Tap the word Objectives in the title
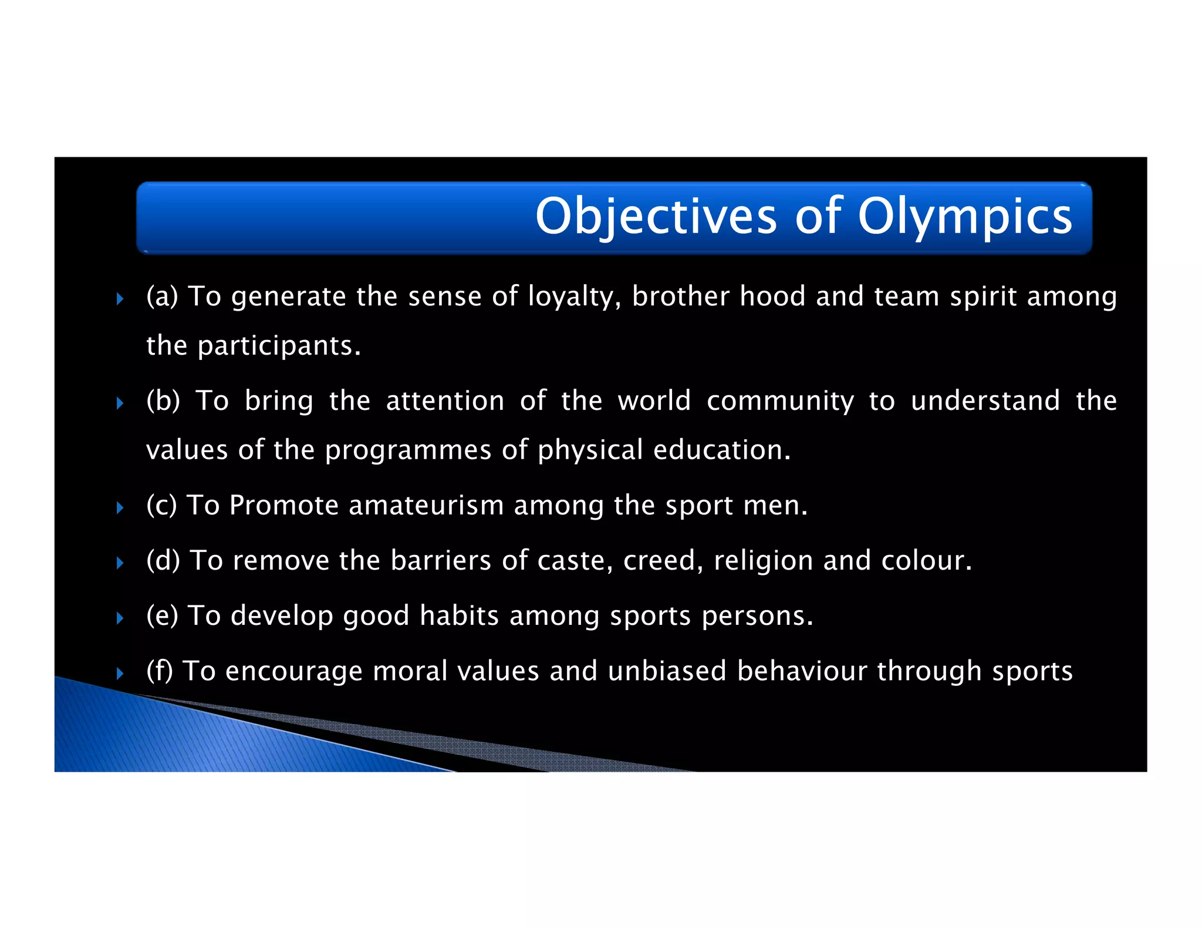(x=656, y=217)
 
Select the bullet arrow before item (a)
(x=120, y=299)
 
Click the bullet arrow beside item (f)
(x=120, y=673)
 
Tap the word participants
(x=279, y=346)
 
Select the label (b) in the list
(x=163, y=401)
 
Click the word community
(x=780, y=402)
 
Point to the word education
(x=721, y=450)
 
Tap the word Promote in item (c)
(x=283, y=506)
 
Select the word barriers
(x=441, y=560)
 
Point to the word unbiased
(x=667, y=671)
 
